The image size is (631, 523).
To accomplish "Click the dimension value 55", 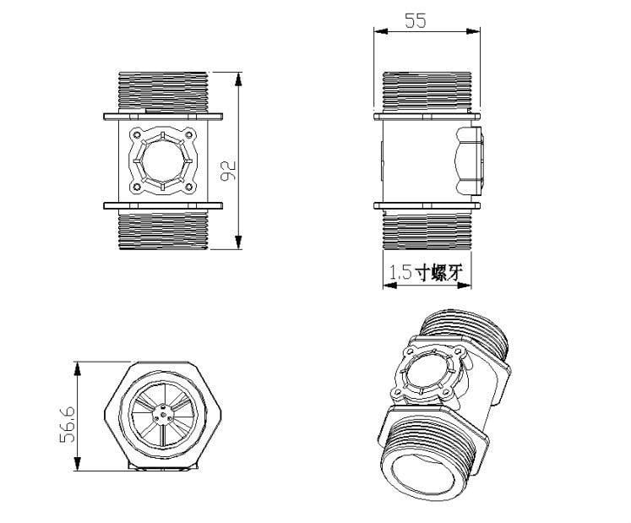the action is pyautogui.click(x=416, y=20).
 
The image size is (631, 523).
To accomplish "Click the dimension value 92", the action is pyautogui.click(x=229, y=171).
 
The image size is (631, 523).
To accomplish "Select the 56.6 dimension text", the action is pyautogui.click(x=68, y=424).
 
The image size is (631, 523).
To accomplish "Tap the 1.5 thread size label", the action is pyautogui.click(x=400, y=273).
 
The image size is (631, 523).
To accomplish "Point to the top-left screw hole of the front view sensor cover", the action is pyautogui.click(x=137, y=134).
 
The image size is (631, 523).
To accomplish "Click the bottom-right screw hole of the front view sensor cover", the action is pyautogui.click(x=188, y=187).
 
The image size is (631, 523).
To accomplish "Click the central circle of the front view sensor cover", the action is pyautogui.click(x=162, y=161).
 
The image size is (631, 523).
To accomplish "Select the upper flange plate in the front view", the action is pyautogui.click(x=163, y=117).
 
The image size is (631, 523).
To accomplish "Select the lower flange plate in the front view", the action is pyautogui.click(x=163, y=205).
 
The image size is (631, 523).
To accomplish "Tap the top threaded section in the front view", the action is pyautogui.click(x=163, y=92).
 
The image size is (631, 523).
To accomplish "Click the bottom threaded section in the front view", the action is pyautogui.click(x=163, y=231).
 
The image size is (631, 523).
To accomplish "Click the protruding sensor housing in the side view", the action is pyautogui.click(x=469, y=161).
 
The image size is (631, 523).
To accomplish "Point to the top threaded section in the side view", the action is pyautogui.click(x=427, y=91).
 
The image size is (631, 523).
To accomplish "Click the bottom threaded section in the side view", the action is pyautogui.click(x=427, y=231).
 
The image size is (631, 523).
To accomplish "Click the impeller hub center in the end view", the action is pyautogui.click(x=162, y=415).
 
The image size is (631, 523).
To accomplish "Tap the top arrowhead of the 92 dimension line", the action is pyautogui.click(x=239, y=79).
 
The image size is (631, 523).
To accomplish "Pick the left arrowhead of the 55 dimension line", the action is pyautogui.click(x=380, y=31).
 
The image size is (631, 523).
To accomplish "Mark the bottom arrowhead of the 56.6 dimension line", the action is pyautogui.click(x=78, y=464).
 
